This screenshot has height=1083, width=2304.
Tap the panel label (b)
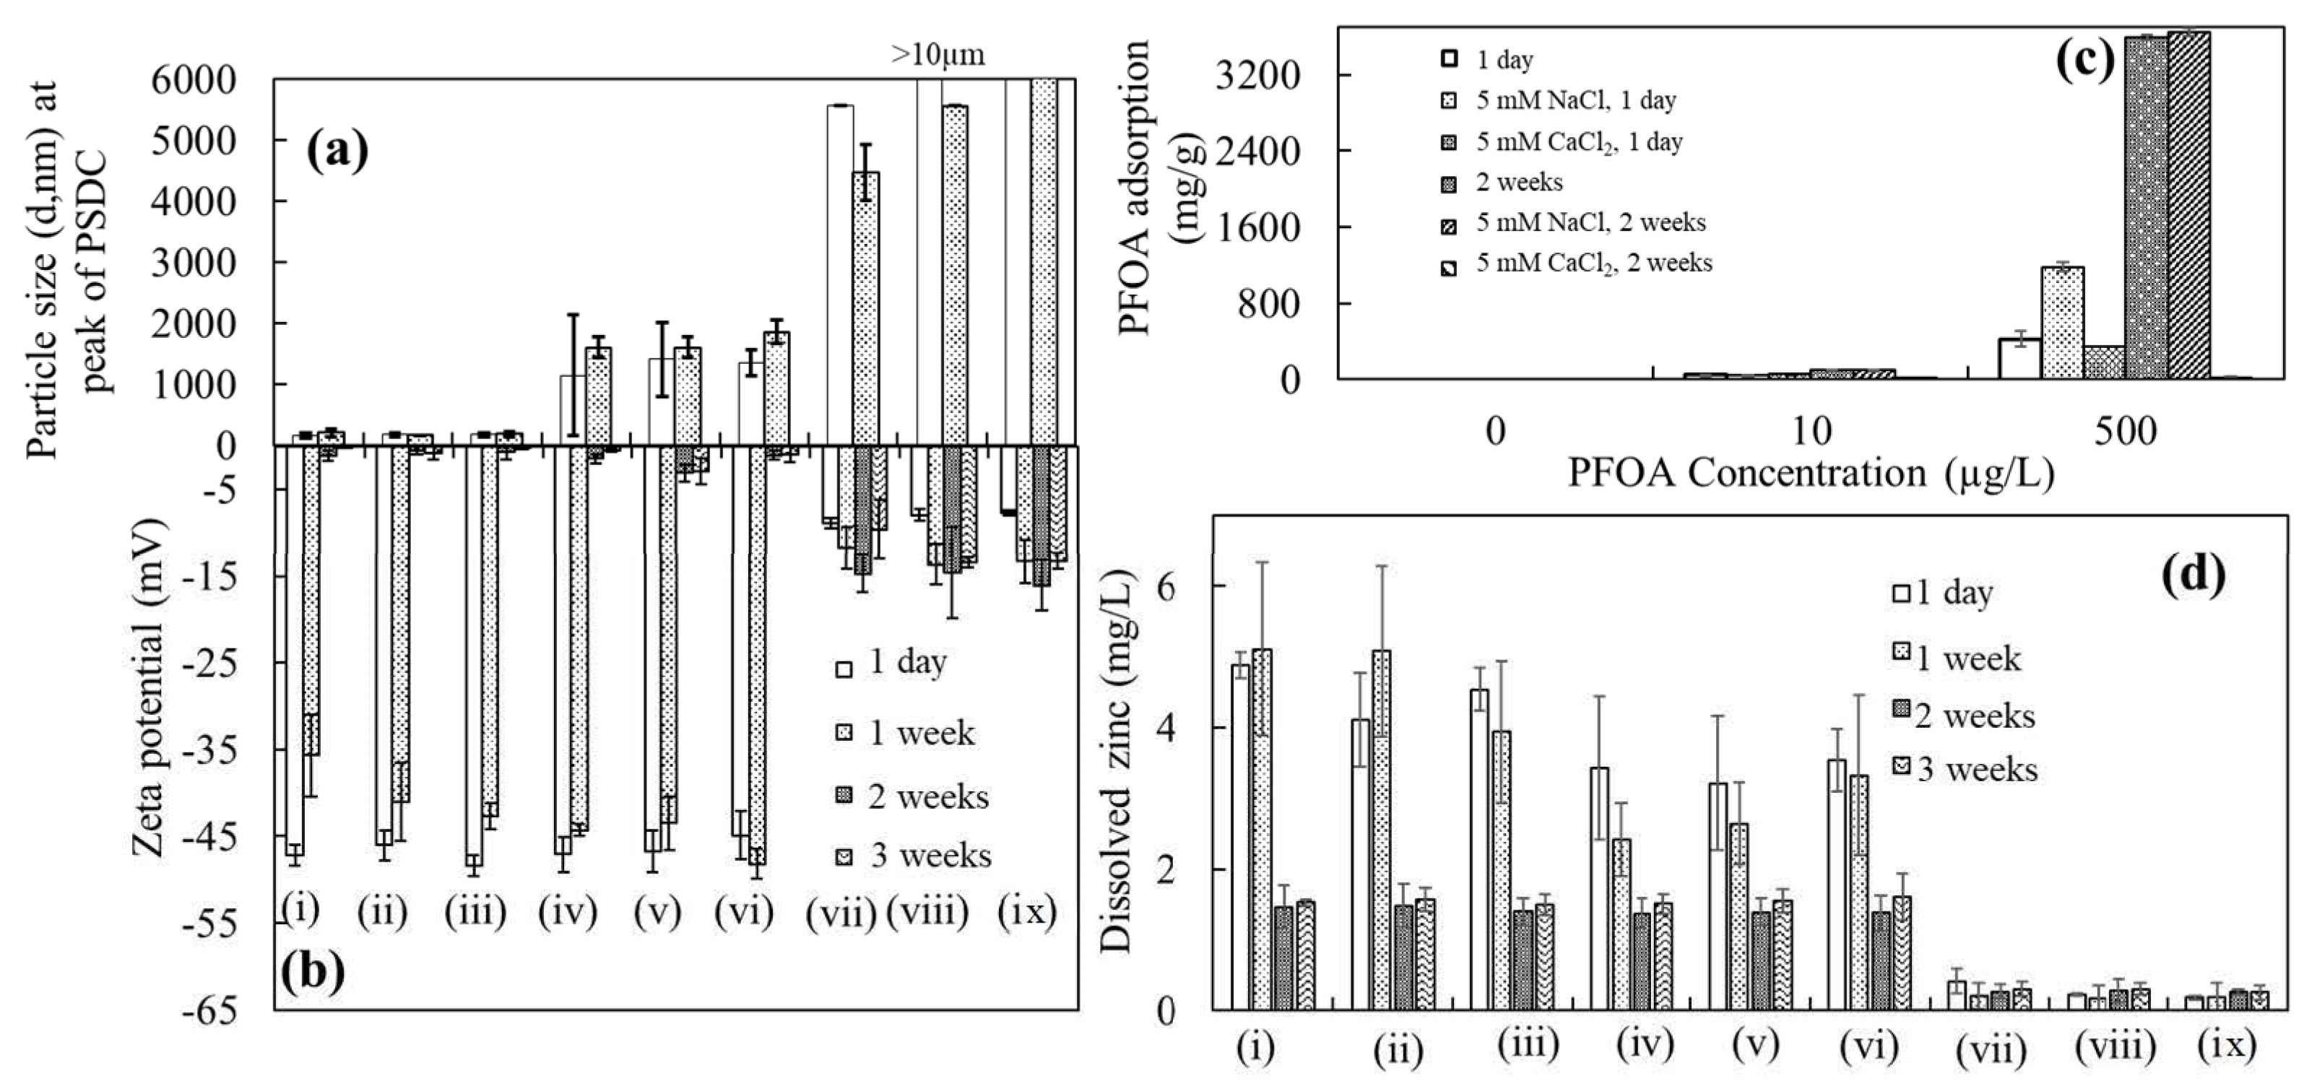tap(312, 971)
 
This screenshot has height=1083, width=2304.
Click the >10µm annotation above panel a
tap(937, 56)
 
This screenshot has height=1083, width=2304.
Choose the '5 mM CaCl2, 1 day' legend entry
tap(1579, 142)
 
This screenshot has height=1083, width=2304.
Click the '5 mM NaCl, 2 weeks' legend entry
tap(1590, 222)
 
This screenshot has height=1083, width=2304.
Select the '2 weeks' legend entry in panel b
tap(927, 796)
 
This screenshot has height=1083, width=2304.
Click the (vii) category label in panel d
tap(1991, 1050)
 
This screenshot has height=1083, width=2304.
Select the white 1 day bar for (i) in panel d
tap(1241, 837)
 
